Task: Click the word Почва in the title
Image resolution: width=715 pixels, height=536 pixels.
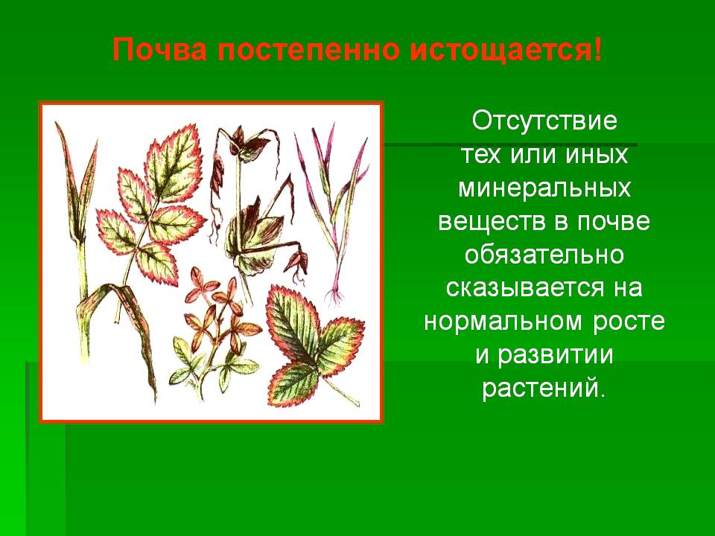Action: (x=159, y=49)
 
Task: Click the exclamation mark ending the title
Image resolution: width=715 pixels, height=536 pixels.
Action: (x=598, y=49)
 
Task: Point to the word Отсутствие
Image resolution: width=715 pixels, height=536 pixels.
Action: (x=544, y=121)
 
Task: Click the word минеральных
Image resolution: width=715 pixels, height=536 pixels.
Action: (x=544, y=188)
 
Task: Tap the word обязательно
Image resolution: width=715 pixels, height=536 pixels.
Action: (x=544, y=255)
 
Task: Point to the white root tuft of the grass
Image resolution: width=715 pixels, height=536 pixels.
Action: (x=335, y=296)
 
